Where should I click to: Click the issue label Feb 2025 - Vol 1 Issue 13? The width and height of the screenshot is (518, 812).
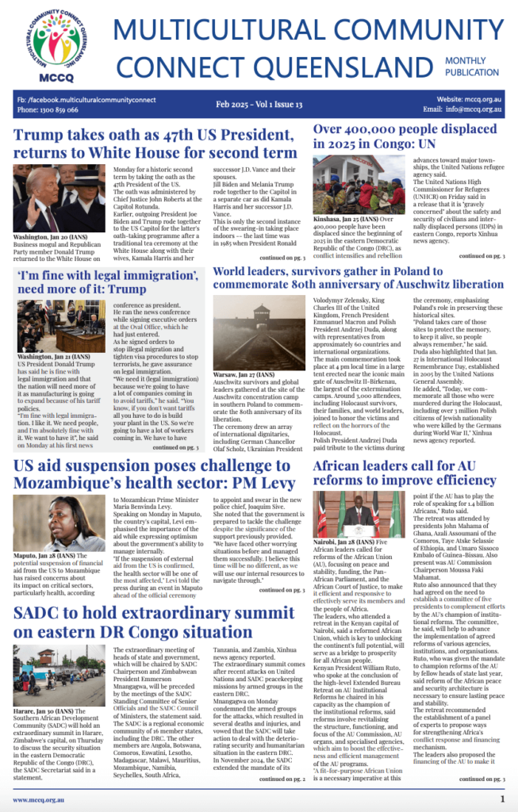click(259, 105)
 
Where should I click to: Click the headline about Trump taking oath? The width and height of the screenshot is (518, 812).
click(155, 143)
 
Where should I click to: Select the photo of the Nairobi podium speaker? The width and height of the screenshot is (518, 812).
click(357, 515)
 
